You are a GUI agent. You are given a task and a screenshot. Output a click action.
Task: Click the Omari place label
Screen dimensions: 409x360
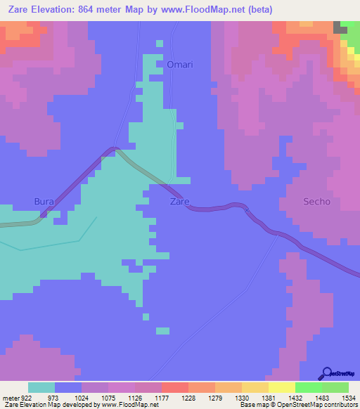pos(180,65)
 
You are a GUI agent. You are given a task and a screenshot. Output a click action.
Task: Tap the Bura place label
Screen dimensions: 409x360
pos(44,202)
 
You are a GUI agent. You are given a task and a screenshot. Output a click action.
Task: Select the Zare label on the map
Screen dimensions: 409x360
pos(180,202)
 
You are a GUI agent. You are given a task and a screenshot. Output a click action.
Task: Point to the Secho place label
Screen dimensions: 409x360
pos(316,202)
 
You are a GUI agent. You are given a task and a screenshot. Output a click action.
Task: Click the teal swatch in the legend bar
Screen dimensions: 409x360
pos(41,387)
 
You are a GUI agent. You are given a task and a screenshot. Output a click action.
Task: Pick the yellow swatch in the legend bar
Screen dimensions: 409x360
pos(281,387)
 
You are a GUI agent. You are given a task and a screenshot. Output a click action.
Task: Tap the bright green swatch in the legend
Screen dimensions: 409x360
pos(308,387)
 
